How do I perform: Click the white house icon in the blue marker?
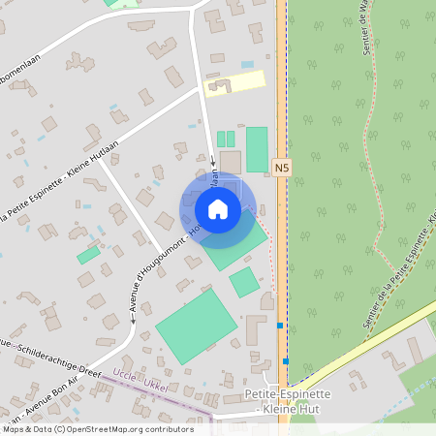[x=218, y=208]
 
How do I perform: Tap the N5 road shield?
[x=281, y=168]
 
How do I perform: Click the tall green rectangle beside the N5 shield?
[x=257, y=149]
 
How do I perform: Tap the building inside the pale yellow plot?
[x=215, y=87]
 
